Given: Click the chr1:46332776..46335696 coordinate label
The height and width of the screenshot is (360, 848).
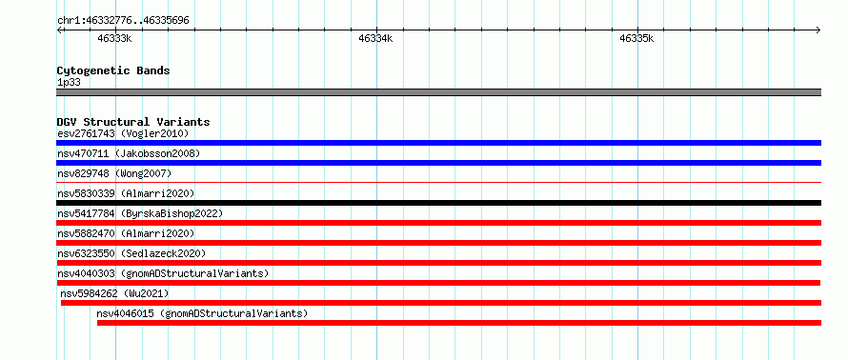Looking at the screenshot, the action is click(123, 21).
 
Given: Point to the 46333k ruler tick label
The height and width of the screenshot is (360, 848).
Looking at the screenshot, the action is click(114, 38).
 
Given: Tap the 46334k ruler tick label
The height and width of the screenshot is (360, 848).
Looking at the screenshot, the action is click(375, 38).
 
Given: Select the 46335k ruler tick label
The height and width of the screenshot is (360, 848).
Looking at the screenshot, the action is click(636, 38).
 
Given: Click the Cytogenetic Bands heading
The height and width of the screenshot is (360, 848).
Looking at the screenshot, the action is click(113, 70).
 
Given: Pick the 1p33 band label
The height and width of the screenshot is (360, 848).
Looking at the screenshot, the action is click(69, 83).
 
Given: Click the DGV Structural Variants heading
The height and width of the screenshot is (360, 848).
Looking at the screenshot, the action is click(133, 122).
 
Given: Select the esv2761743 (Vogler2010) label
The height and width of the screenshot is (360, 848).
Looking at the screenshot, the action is click(123, 133).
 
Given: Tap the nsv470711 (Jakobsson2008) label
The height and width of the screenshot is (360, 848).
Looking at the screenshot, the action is click(129, 153).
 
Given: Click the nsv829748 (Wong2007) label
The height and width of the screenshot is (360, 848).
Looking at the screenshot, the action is click(114, 173).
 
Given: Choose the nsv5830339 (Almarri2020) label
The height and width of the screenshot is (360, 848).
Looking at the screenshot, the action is click(126, 193).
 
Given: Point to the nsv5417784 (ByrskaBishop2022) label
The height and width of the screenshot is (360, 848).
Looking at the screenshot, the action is click(140, 213).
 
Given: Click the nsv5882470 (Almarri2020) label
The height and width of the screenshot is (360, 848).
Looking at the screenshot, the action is click(126, 233).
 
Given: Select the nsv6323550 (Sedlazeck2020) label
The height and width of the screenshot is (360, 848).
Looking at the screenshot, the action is click(131, 253).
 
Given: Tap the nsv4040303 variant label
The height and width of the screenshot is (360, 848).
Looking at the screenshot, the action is click(163, 273).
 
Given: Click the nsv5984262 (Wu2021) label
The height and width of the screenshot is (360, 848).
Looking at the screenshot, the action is click(114, 293).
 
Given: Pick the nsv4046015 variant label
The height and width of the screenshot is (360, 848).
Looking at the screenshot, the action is click(202, 313).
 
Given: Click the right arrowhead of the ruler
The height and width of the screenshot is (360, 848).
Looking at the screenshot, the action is click(819, 30).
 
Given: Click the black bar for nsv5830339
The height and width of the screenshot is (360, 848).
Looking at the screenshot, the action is click(438, 203).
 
